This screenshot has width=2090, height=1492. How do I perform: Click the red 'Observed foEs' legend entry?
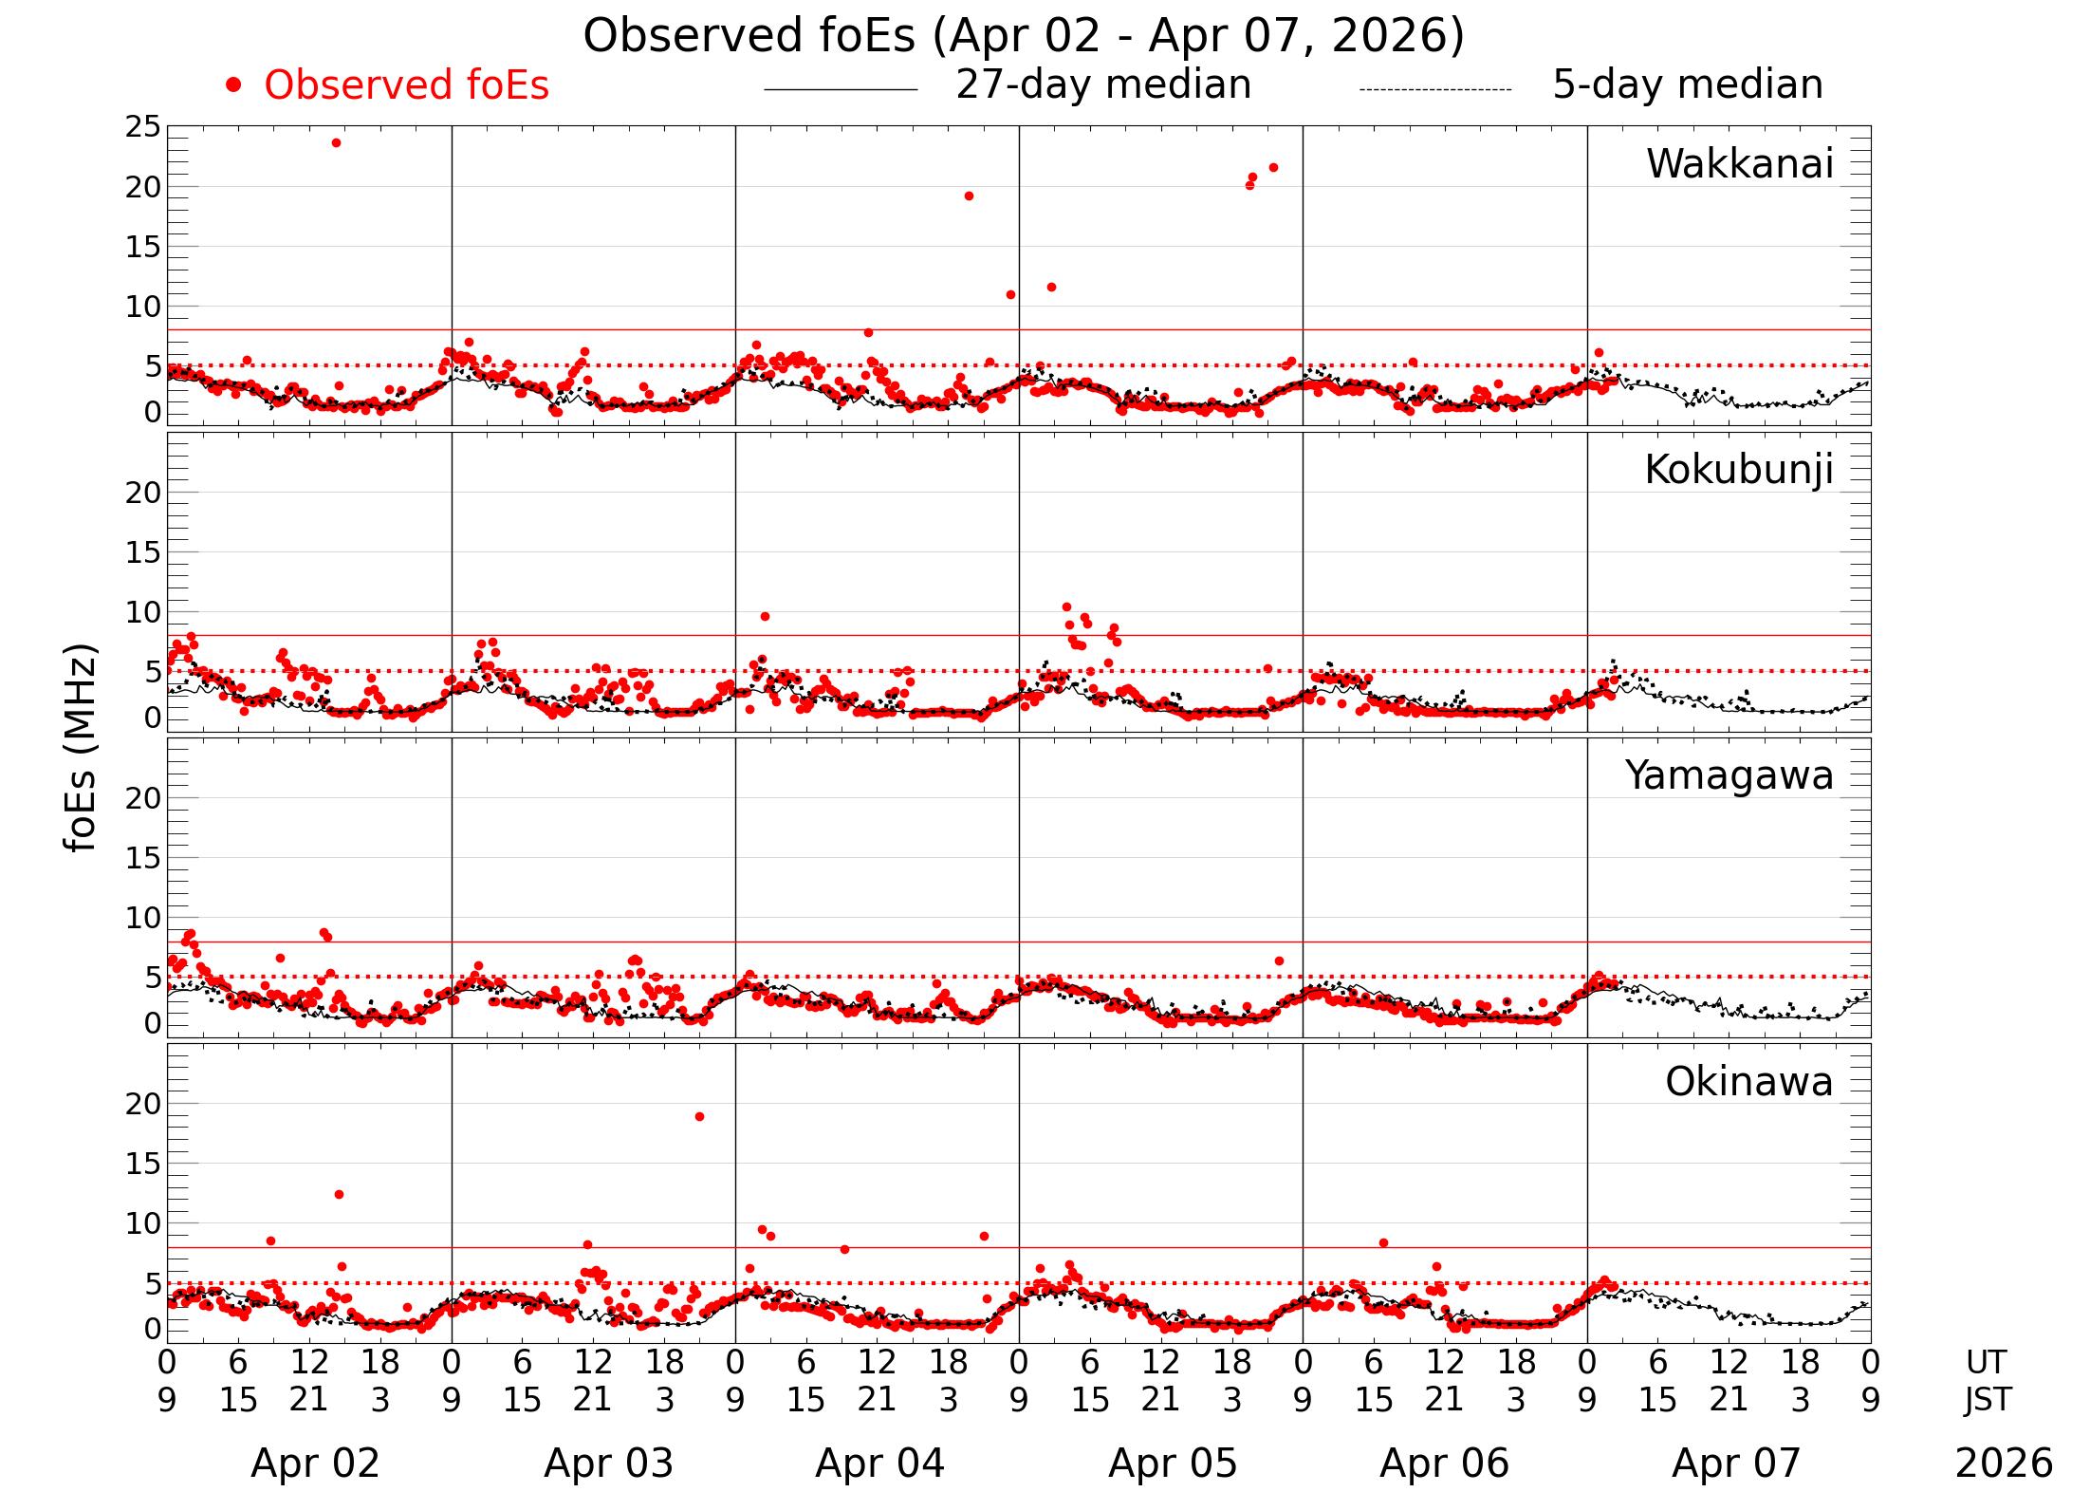click(406, 85)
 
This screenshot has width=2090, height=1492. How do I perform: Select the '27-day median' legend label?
click(1103, 84)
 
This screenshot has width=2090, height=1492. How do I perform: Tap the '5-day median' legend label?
click(1687, 84)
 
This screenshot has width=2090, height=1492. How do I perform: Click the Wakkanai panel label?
click(1739, 164)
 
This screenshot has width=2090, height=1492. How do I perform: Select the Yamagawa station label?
click(1729, 775)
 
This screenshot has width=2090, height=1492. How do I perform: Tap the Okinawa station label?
click(1748, 1082)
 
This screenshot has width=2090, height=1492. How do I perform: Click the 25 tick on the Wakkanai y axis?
click(143, 127)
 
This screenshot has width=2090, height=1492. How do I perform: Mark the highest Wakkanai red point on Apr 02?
click(336, 142)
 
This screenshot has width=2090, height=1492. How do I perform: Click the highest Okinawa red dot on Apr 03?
click(699, 1116)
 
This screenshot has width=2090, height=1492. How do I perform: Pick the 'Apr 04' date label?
click(879, 1464)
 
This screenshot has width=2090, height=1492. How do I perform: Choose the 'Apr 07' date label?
click(1735, 1464)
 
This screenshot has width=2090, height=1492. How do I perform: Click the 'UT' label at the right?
click(1986, 1363)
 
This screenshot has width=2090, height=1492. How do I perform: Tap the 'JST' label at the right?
click(1987, 1400)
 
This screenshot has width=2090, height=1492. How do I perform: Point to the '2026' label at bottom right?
click(2004, 1464)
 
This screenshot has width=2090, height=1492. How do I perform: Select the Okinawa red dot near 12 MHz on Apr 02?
click(339, 1194)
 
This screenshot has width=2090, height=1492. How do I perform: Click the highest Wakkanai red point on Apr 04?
click(969, 196)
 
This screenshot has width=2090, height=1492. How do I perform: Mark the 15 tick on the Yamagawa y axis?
click(143, 858)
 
